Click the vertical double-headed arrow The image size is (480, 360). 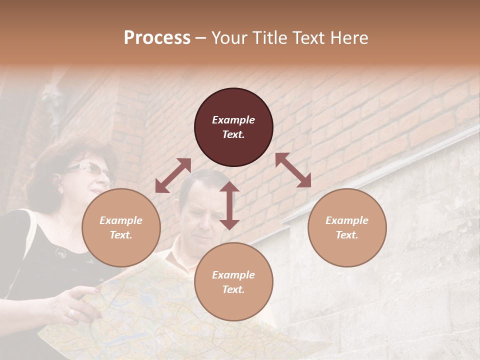229,205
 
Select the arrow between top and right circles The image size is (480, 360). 293,170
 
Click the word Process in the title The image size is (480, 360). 157,38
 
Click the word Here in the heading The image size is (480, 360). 350,38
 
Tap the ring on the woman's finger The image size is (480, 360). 72,312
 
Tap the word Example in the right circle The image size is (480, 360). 347,220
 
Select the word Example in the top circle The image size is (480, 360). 233,120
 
